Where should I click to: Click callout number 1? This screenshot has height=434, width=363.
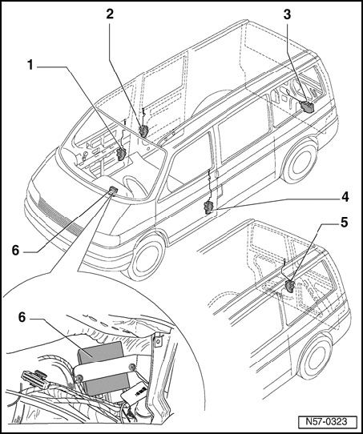30,66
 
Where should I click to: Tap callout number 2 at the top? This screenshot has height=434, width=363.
110,14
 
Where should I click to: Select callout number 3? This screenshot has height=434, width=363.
287,14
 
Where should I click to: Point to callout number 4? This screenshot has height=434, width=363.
345,197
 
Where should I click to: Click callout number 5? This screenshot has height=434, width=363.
345,223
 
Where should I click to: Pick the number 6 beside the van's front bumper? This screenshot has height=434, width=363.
15,251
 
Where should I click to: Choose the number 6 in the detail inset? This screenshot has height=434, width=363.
22,317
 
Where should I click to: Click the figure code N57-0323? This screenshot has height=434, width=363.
326,421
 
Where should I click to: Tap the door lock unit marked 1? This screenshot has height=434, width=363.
121,155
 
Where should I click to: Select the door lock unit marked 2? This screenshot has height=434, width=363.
144,131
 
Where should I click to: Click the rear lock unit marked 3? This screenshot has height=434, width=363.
307,107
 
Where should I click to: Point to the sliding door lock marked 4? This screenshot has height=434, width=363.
208,208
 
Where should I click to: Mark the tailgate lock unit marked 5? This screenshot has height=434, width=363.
289,286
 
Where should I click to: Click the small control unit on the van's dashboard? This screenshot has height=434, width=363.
114,189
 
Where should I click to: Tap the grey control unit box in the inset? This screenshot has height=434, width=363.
103,366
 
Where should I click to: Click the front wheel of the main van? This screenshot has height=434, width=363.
146,259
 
